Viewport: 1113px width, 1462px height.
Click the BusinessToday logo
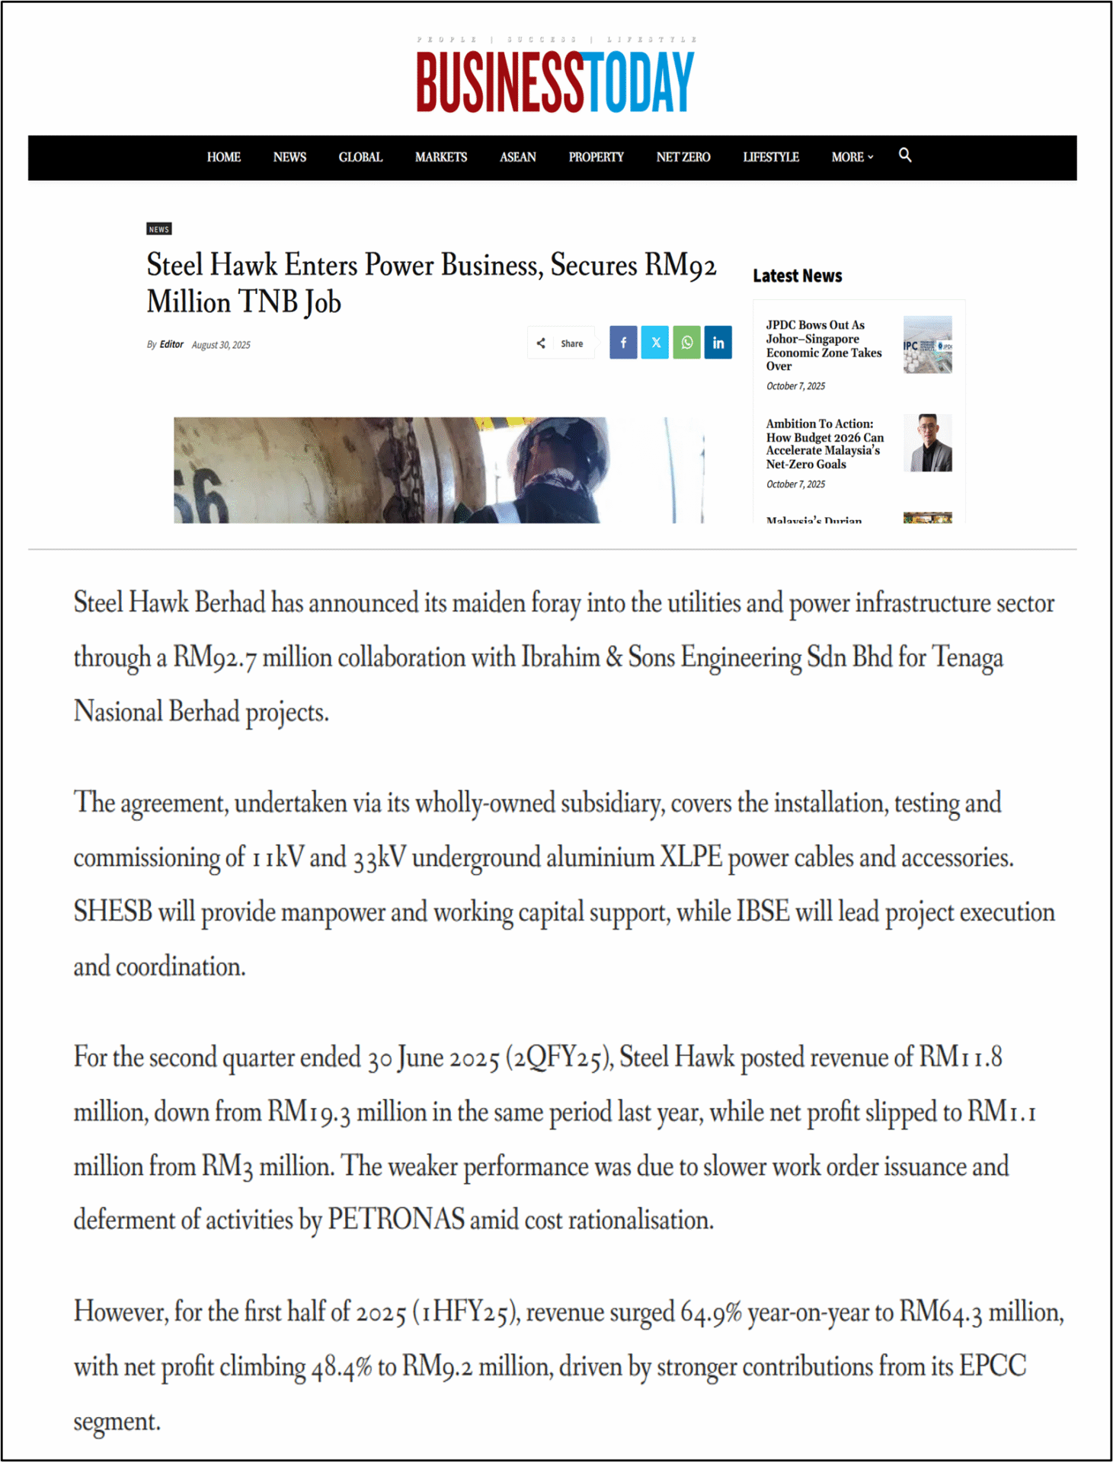[555, 81]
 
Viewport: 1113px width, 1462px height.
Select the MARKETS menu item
[440, 158]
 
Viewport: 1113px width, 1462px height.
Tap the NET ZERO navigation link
[683, 158]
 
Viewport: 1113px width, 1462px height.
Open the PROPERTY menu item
[596, 158]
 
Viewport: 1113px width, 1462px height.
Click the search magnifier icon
[905, 155]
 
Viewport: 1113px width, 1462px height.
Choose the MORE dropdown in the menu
[852, 158]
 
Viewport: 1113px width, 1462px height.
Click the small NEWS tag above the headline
[159, 229]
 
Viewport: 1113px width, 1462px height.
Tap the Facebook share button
[623, 343]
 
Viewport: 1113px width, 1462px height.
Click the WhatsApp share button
[686, 343]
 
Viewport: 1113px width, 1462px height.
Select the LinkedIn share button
[718, 343]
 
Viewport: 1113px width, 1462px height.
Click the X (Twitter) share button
[655, 343]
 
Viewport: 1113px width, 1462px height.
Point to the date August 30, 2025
[221, 345]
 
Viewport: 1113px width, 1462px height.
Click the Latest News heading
[797, 276]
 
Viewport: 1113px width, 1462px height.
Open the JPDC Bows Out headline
[824, 346]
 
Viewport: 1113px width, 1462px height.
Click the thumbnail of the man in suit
[927, 443]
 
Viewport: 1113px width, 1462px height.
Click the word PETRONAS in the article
[395, 1220]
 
